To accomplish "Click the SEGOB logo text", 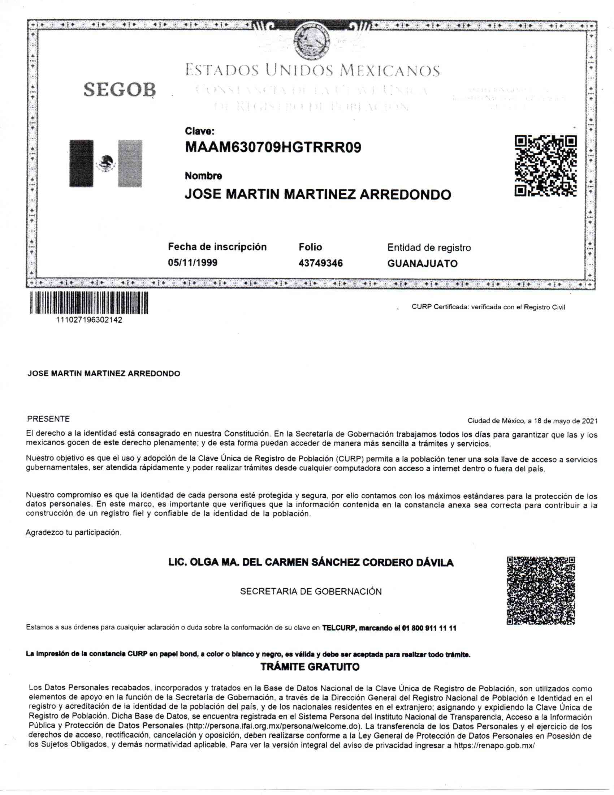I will pyautogui.click(x=119, y=89).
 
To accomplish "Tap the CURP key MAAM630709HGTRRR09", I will pyautogui.click(x=273, y=147).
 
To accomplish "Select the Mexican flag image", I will pyautogui.click(x=106, y=163).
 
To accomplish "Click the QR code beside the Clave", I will pyautogui.click(x=545, y=166).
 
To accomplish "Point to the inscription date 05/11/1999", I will pyautogui.click(x=193, y=262).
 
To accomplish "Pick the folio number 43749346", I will pyautogui.click(x=320, y=263).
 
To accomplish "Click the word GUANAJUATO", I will pyautogui.click(x=422, y=263).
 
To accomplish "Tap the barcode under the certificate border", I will pyautogui.click(x=89, y=302).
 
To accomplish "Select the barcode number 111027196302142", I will pyautogui.click(x=89, y=320).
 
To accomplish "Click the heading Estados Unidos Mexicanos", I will pyautogui.click(x=312, y=70).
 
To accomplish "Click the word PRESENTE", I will pyautogui.click(x=48, y=419).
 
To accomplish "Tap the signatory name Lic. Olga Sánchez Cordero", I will pyautogui.click(x=311, y=563).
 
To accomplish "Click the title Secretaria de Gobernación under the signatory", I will pyautogui.click(x=311, y=592).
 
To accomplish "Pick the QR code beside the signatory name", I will pyautogui.click(x=541, y=590).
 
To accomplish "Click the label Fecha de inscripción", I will pyautogui.click(x=217, y=247).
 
